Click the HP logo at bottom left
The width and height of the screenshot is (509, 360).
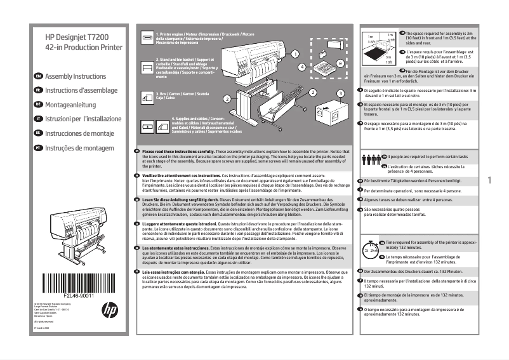(110, 309)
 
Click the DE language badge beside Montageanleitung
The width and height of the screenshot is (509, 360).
(38, 104)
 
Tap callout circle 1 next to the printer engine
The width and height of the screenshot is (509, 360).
(294, 55)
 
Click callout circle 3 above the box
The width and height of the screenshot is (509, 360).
(340, 93)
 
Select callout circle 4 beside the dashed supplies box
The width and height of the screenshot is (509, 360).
(302, 66)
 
